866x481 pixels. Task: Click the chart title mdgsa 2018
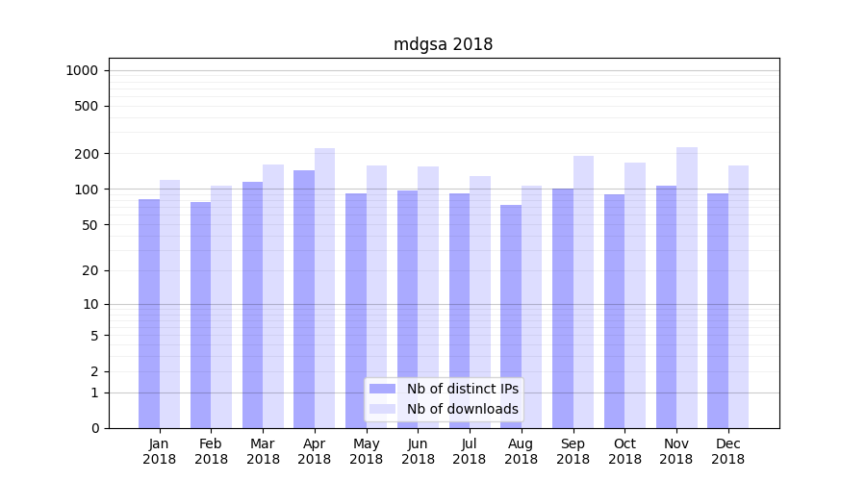click(x=443, y=44)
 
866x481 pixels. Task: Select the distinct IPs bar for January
click(x=149, y=313)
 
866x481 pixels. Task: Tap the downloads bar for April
click(x=325, y=289)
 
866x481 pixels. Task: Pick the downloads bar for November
click(x=687, y=289)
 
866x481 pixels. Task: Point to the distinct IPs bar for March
click(x=252, y=304)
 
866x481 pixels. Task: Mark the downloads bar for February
click(x=221, y=307)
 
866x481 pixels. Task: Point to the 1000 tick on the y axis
click(x=82, y=70)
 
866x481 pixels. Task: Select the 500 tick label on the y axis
click(x=86, y=106)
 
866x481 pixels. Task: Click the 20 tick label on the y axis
click(x=89, y=270)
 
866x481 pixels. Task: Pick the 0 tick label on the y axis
click(x=93, y=428)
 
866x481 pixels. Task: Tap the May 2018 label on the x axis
click(x=366, y=451)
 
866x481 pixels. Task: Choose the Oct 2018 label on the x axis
click(x=624, y=451)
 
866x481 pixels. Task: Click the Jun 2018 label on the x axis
click(x=418, y=451)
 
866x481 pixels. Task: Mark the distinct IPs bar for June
click(x=408, y=309)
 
